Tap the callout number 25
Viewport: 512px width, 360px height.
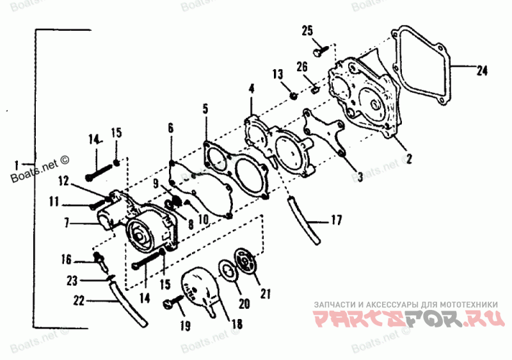coord(307,30)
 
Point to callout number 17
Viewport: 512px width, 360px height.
coord(336,221)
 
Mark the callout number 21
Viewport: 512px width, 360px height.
coord(266,294)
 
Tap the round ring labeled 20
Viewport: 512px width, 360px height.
coord(227,270)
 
